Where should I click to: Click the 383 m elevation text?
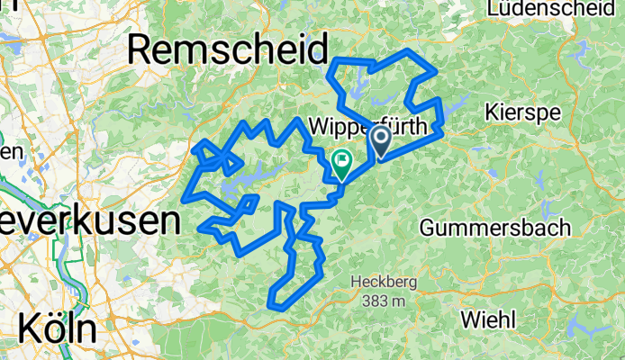click(382, 301)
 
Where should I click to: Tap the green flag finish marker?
click(342, 163)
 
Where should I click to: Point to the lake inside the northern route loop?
click(360, 88)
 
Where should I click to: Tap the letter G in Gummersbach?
click(429, 227)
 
